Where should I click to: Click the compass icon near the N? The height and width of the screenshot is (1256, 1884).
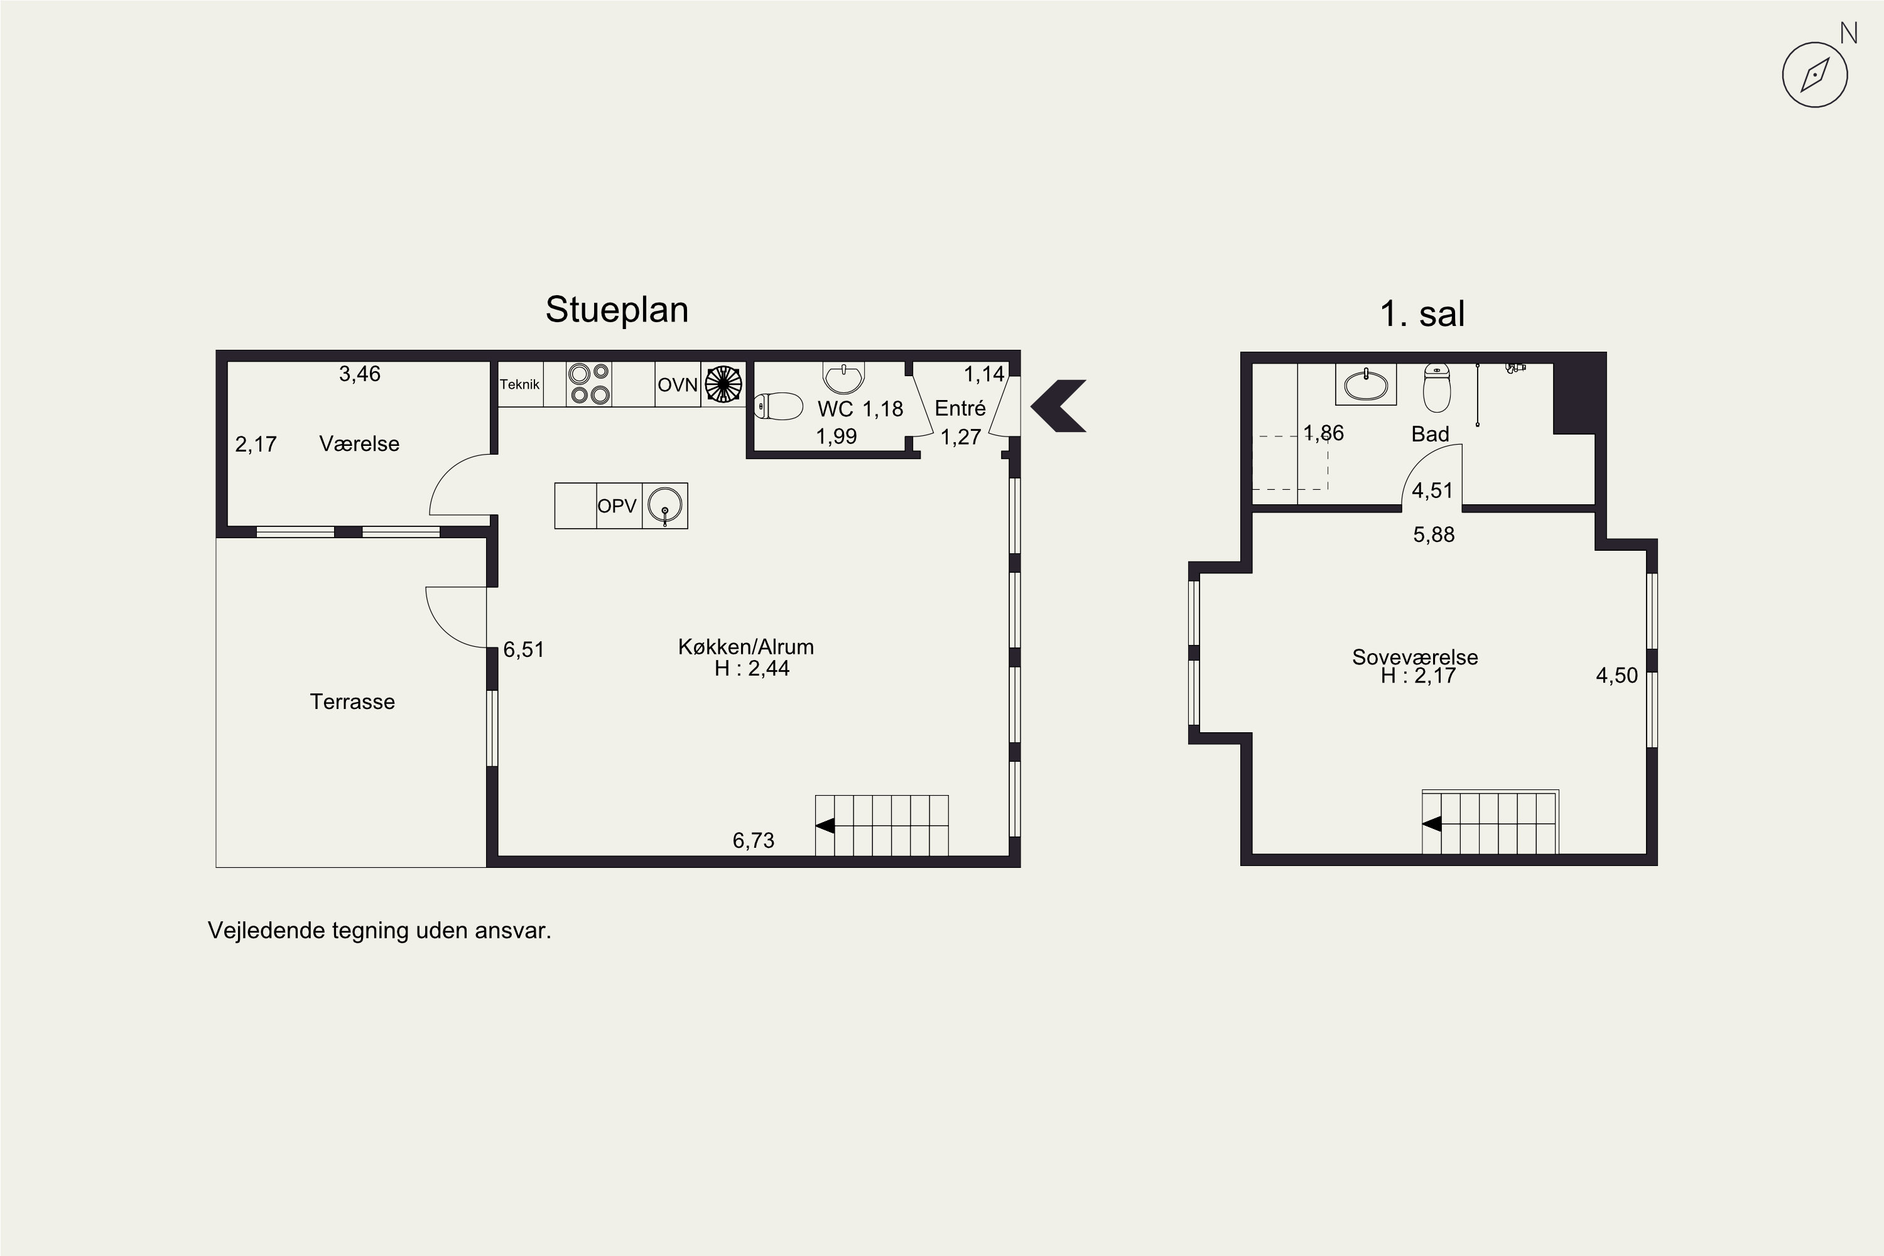pos(1814,75)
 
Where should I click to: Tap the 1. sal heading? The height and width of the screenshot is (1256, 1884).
pos(1422,313)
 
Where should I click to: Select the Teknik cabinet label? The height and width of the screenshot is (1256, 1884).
pos(520,384)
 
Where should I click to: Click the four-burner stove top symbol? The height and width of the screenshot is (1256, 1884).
pos(590,384)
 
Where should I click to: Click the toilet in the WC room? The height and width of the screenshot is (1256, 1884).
pos(778,406)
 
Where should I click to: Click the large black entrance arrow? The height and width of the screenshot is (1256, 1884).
pos(1058,406)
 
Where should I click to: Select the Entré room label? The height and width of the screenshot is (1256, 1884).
pos(960,409)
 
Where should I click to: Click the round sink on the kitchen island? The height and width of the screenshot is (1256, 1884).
pos(665,506)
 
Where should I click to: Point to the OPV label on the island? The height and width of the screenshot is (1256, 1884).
pos(617,506)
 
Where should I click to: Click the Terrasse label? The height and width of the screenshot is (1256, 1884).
pos(352,701)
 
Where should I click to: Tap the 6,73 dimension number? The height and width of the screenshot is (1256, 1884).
pos(754,840)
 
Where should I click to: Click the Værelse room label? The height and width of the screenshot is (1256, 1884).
pos(359,444)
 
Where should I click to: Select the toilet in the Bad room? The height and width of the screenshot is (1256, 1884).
pos(1437,387)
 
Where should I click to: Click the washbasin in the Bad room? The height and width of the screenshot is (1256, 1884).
pos(1366,384)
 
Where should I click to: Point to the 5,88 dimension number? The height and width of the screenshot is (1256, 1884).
pos(1434,534)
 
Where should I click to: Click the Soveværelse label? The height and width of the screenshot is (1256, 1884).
pos(1416,657)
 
